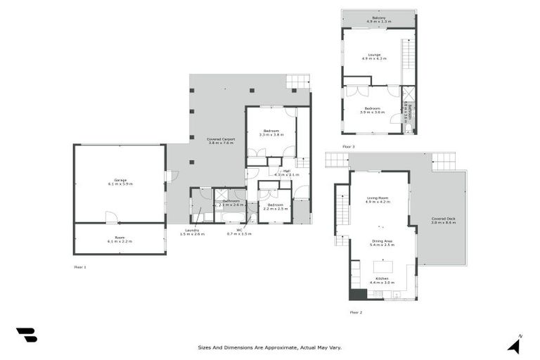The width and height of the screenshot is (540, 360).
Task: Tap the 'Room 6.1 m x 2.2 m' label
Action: tap(120, 239)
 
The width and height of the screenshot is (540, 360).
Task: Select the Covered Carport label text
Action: tap(221, 141)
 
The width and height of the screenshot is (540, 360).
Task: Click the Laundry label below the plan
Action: tap(191, 231)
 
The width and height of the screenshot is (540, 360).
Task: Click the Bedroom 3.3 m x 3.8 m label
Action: tap(271, 132)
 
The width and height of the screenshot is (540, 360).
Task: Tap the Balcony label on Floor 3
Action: tap(378, 20)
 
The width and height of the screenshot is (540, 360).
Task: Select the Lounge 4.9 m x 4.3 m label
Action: tap(375, 56)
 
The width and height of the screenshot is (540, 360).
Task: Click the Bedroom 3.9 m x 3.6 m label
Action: tap(372, 110)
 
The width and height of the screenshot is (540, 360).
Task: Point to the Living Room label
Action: tap(378, 200)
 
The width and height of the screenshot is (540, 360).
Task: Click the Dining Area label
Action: tap(382, 243)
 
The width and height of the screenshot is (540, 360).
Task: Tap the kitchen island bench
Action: tap(383, 267)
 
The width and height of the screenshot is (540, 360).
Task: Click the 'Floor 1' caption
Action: tap(79, 267)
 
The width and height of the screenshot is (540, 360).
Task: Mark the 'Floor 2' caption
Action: tap(356, 311)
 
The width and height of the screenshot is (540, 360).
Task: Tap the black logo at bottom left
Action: tap(26, 335)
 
